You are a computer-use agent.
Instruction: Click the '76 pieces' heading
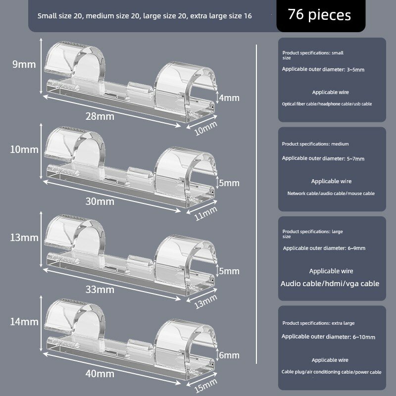319,15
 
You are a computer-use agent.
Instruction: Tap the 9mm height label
24,64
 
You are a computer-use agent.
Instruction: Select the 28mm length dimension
100,116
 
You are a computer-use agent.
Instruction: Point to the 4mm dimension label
229,98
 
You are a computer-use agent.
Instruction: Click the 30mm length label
100,201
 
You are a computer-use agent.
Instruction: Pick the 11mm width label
206,214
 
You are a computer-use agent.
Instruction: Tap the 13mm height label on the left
24,238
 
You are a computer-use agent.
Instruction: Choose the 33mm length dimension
100,290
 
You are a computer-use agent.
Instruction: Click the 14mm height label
24,322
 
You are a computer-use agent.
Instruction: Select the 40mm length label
100,374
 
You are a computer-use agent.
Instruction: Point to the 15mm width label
206,386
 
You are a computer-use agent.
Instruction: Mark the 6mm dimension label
229,355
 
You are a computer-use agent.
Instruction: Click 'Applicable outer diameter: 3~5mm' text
323,69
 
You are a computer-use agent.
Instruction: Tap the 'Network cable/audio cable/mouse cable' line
331,194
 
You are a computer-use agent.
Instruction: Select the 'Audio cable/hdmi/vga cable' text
330,284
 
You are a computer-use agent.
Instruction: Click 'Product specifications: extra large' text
318,323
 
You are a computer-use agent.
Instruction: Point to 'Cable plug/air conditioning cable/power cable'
331,372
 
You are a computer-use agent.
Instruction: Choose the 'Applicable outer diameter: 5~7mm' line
323,158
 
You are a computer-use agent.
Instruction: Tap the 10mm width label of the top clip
206,129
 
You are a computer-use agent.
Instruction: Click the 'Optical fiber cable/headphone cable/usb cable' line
327,104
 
